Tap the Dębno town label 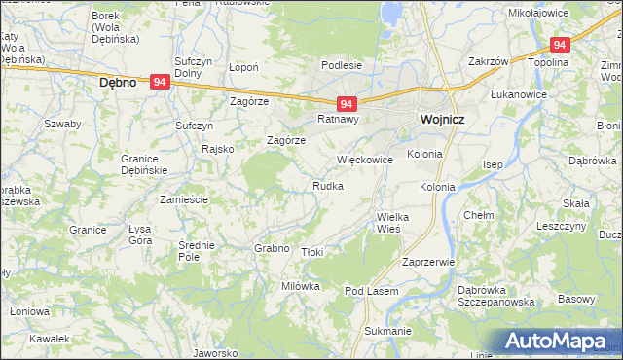(124, 84)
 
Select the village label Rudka (327, 186)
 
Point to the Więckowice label (364, 160)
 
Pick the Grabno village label (272, 248)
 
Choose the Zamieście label (184, 198)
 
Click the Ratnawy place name (339, 120)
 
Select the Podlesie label (343, 65)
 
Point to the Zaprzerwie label (428, 262)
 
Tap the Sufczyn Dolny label (193, 67)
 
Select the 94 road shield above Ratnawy (347, 103)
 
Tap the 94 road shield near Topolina (559, 45)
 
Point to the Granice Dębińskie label (145, 164)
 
